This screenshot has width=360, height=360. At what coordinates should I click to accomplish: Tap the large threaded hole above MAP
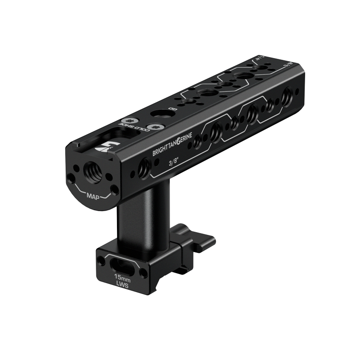[x=93, y=170]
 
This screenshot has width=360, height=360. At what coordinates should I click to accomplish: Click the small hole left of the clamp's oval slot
[x=102, y=260]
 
